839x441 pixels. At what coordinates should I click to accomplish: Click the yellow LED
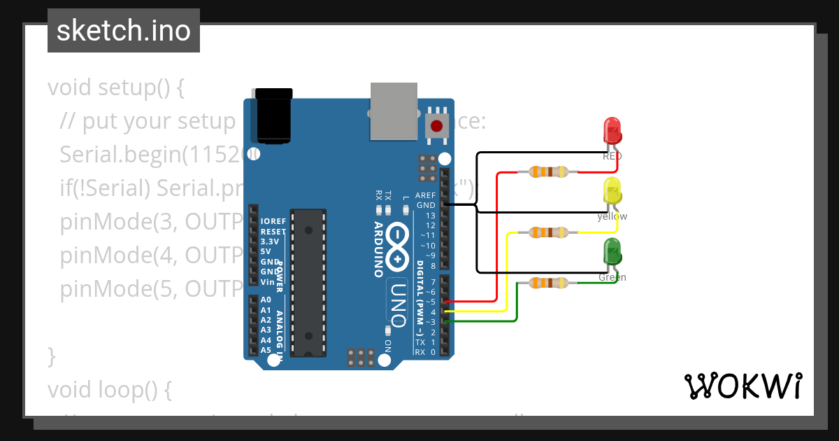point(612,191)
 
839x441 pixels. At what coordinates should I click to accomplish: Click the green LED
point(612,252)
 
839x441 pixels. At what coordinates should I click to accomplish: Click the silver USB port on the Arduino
point(394,111)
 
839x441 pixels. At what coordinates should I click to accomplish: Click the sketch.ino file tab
point(123,31)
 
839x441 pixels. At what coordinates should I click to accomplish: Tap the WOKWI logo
point(743,386)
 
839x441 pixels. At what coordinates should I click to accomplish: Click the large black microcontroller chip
point(308,281)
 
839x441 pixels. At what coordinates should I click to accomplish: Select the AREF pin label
point(425,195)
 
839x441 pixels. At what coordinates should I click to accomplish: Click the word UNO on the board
point(397,304)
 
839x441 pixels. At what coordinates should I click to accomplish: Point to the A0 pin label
point(266,300)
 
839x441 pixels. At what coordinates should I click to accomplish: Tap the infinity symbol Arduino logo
point(397,245)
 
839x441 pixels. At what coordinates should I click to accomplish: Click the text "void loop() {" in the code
point(109,389)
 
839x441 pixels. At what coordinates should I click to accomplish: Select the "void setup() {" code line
point(116,88)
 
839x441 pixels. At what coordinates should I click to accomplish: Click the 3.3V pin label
point(269,241)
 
